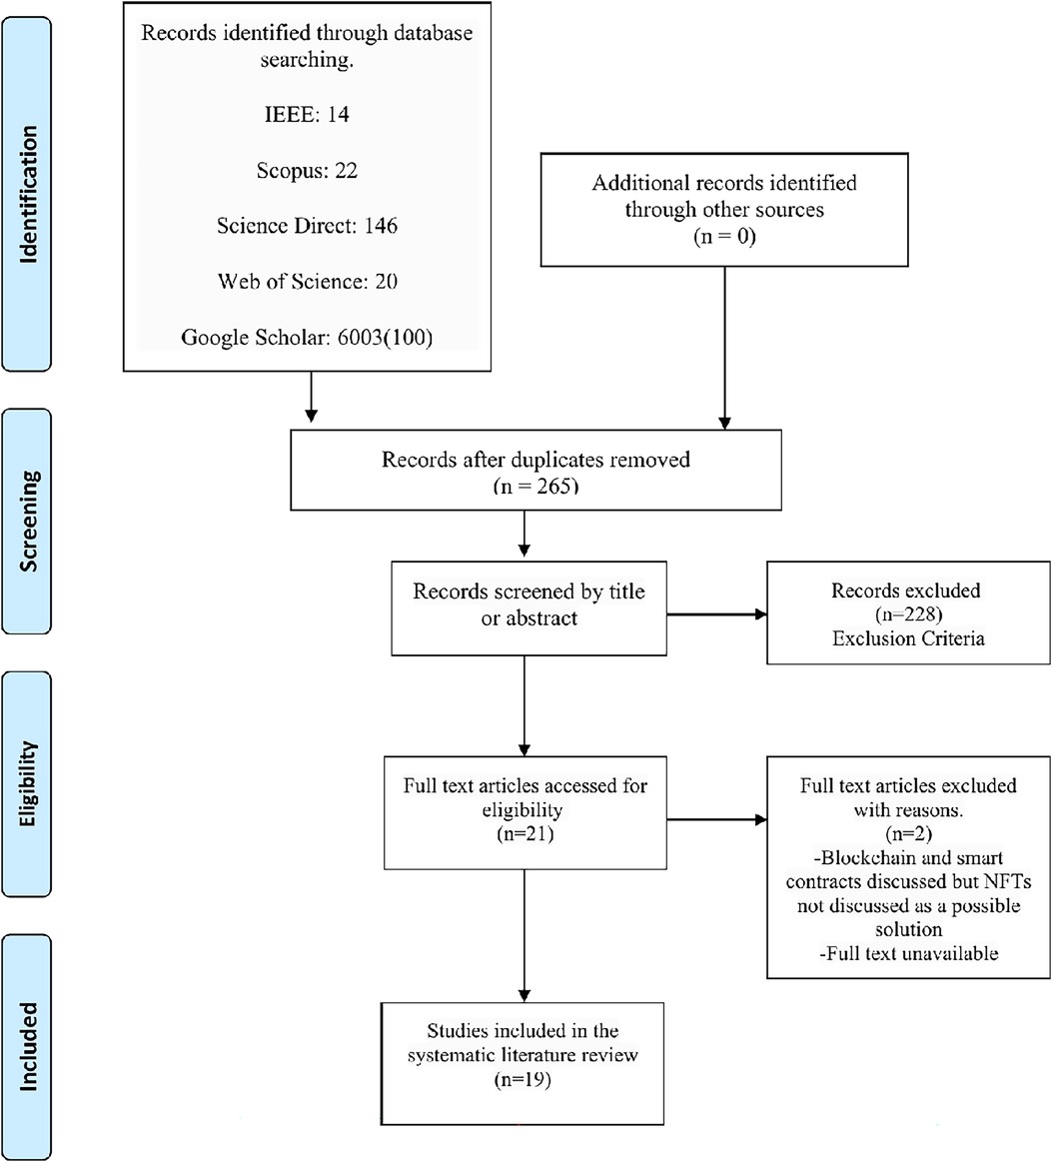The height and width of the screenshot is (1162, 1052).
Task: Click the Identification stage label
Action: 27,194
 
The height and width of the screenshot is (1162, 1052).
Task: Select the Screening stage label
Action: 27,521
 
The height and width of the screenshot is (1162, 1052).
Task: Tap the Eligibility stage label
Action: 27,783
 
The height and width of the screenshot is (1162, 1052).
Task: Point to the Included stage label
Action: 27,1046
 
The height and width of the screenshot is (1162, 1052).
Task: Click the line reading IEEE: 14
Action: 307,114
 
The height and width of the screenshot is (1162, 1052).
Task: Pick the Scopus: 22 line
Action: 307,171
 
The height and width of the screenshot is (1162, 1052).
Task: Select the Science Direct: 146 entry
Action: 307,225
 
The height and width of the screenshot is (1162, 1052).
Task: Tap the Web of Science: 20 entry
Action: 307,281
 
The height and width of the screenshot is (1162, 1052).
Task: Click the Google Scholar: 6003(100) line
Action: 307,337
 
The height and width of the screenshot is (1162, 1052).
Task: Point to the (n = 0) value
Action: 724,237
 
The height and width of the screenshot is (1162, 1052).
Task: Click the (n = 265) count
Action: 535,487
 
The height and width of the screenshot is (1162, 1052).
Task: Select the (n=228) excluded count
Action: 908,614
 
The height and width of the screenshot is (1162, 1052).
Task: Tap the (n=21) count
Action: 526,833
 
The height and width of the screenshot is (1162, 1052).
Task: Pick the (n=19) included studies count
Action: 524,1079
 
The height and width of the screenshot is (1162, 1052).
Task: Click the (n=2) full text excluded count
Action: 908,833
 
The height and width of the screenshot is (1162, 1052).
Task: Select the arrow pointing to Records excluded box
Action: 716,614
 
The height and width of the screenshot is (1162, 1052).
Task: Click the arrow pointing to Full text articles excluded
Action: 716,819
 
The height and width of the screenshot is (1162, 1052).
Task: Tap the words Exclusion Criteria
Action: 908,638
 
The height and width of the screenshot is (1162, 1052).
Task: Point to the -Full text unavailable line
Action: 908,953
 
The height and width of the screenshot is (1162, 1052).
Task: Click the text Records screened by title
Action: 528,591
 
